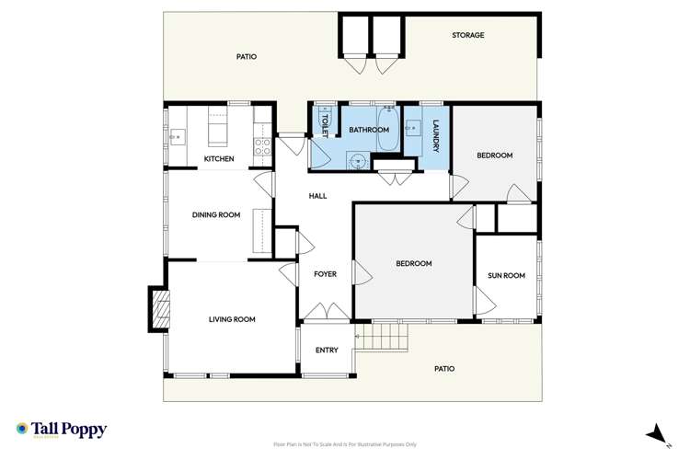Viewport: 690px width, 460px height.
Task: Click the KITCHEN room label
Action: coord(219,159)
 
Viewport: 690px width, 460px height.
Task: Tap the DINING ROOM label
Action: coord(216,215)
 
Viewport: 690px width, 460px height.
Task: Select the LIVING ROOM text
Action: coord(232,319)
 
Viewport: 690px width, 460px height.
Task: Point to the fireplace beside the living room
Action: coord(159,309)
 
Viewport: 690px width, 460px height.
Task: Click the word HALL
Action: coord(317,196)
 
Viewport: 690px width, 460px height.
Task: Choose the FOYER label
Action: coord(325,274)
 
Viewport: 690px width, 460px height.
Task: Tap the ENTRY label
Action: coord(327,350)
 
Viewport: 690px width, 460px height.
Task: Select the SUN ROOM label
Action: coord(506,276)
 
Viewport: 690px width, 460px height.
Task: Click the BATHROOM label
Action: coord(368,131)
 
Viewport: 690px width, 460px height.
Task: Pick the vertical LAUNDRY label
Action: coord(436,137)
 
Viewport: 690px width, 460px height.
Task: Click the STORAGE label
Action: coord(467,36)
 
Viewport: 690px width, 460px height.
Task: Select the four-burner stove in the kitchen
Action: coord(262,144)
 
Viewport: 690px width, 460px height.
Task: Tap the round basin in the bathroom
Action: coord(359,159)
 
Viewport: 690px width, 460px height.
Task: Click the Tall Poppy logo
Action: coord(62,430)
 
